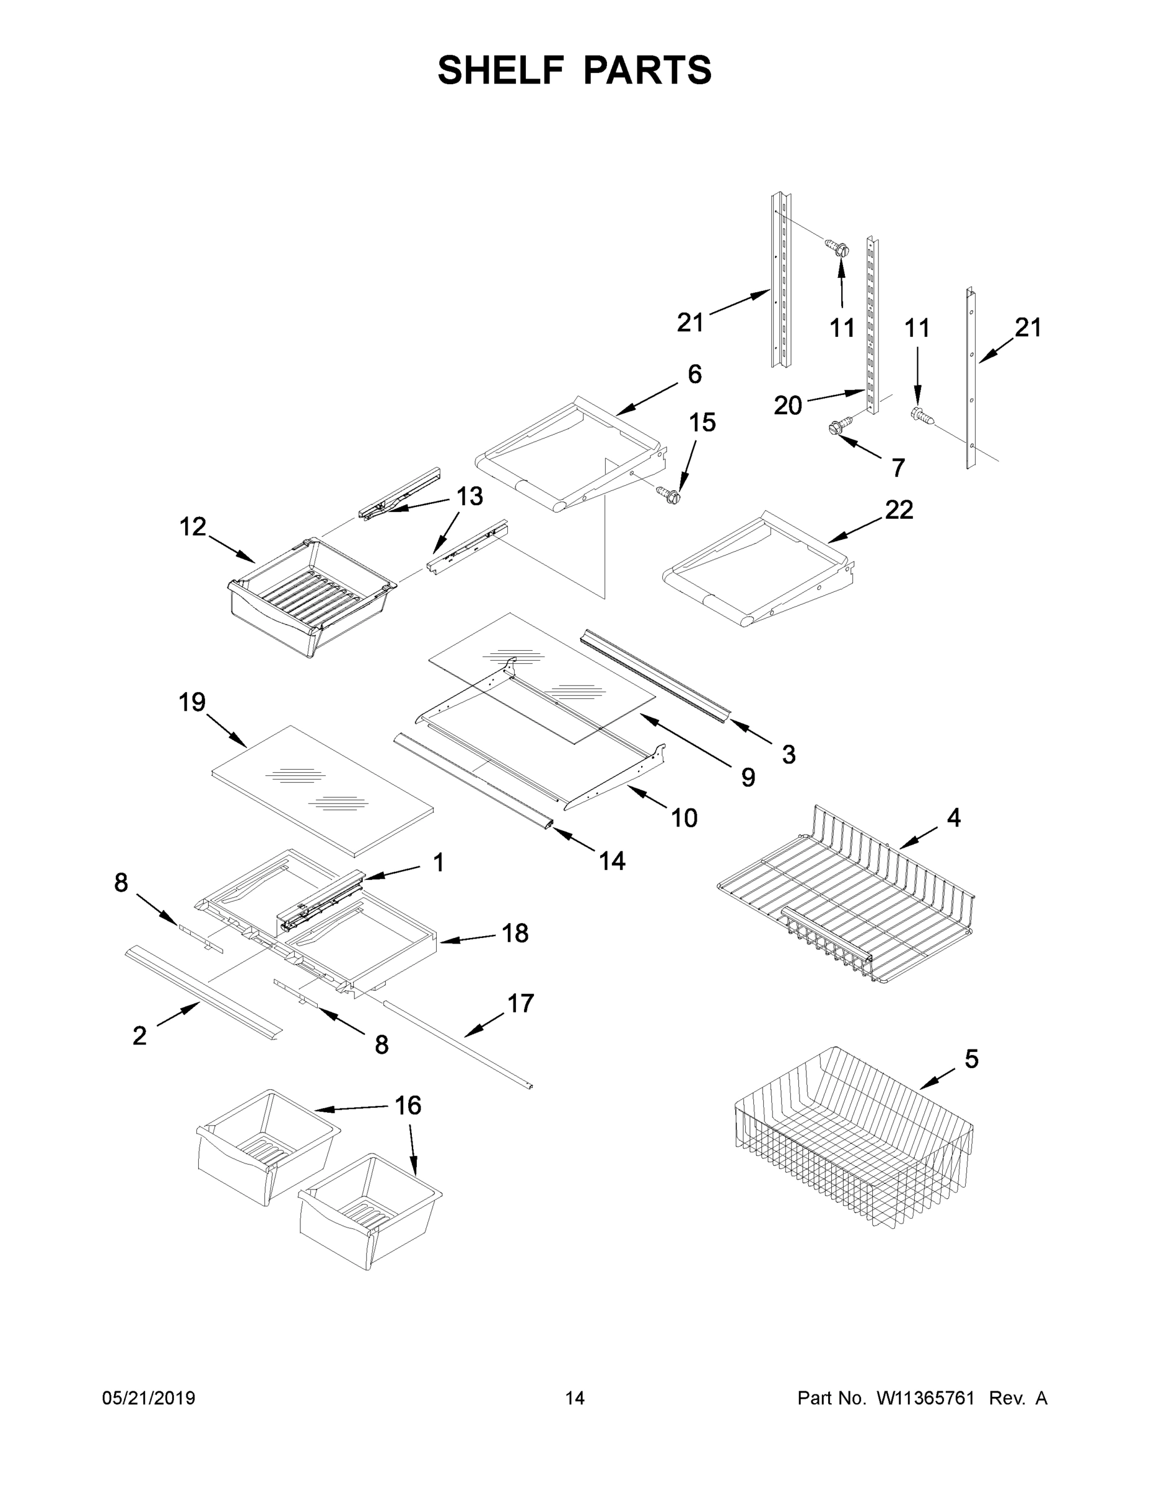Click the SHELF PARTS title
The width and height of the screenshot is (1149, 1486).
[575, 70]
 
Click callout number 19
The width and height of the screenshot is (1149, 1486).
[192, 702]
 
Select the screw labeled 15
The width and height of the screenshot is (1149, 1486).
[668, 495]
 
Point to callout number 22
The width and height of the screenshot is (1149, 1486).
[899, 510]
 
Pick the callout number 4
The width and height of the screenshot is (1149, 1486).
[954, 817]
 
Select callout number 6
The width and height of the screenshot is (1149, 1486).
[694, 373]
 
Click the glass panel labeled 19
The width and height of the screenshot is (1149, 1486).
[323, 791]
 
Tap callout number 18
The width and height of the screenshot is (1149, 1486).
[515, 933]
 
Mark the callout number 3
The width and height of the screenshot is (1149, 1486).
[789, 754]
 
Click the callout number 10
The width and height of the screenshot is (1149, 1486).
[684, 818]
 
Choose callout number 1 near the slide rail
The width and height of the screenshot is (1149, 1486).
[439, 862]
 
